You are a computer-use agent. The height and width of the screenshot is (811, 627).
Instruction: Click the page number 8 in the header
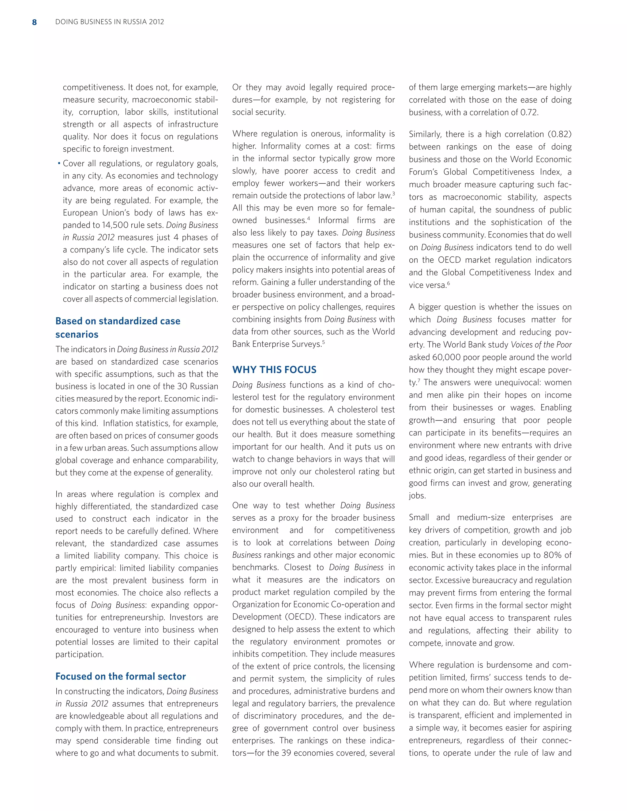tap(35, 22)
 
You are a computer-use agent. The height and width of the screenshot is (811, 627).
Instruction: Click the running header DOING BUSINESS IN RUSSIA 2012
tap(110, 22)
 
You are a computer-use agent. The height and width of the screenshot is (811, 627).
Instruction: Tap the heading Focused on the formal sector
tap(120, 676)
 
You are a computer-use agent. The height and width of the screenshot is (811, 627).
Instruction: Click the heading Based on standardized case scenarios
tap(118, 327)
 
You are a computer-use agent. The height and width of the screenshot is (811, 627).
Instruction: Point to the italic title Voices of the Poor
tap(541, 345)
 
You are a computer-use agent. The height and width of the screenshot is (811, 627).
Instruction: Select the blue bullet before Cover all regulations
tap(59, 164)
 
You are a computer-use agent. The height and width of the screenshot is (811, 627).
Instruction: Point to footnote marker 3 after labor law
tap(393, 193)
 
